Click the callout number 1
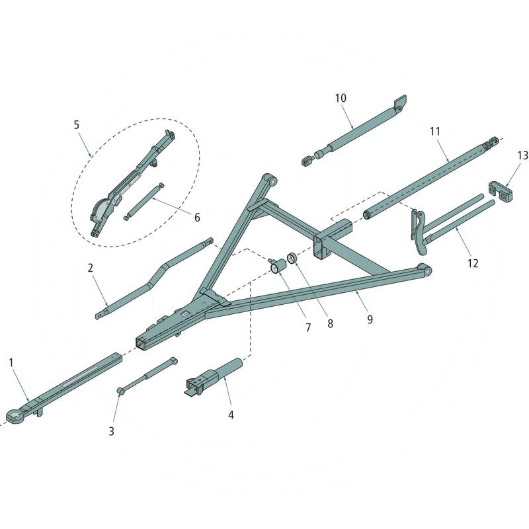[11, 362]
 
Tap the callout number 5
[76, 124]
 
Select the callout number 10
[341, 99]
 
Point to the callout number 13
[523, 155]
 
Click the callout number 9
[370, 319]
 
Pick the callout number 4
[231, 415]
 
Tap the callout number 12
[472, 263]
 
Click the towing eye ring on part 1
[15, 415]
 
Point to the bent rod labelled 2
[159, 276]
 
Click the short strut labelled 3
[146, 376]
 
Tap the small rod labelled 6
[143, 200]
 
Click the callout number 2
[90, 268]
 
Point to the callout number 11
[434, 132]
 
